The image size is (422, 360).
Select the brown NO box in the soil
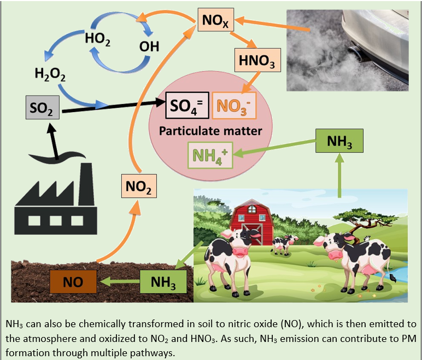pyautogui.click(x=73, y=283)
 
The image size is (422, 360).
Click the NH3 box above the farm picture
pyautogui.click(x=339, y=141)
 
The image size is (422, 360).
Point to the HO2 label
pyautogui.click(x=98, y=39)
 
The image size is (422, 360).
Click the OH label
pyautogui.click(x=149, y=47)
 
